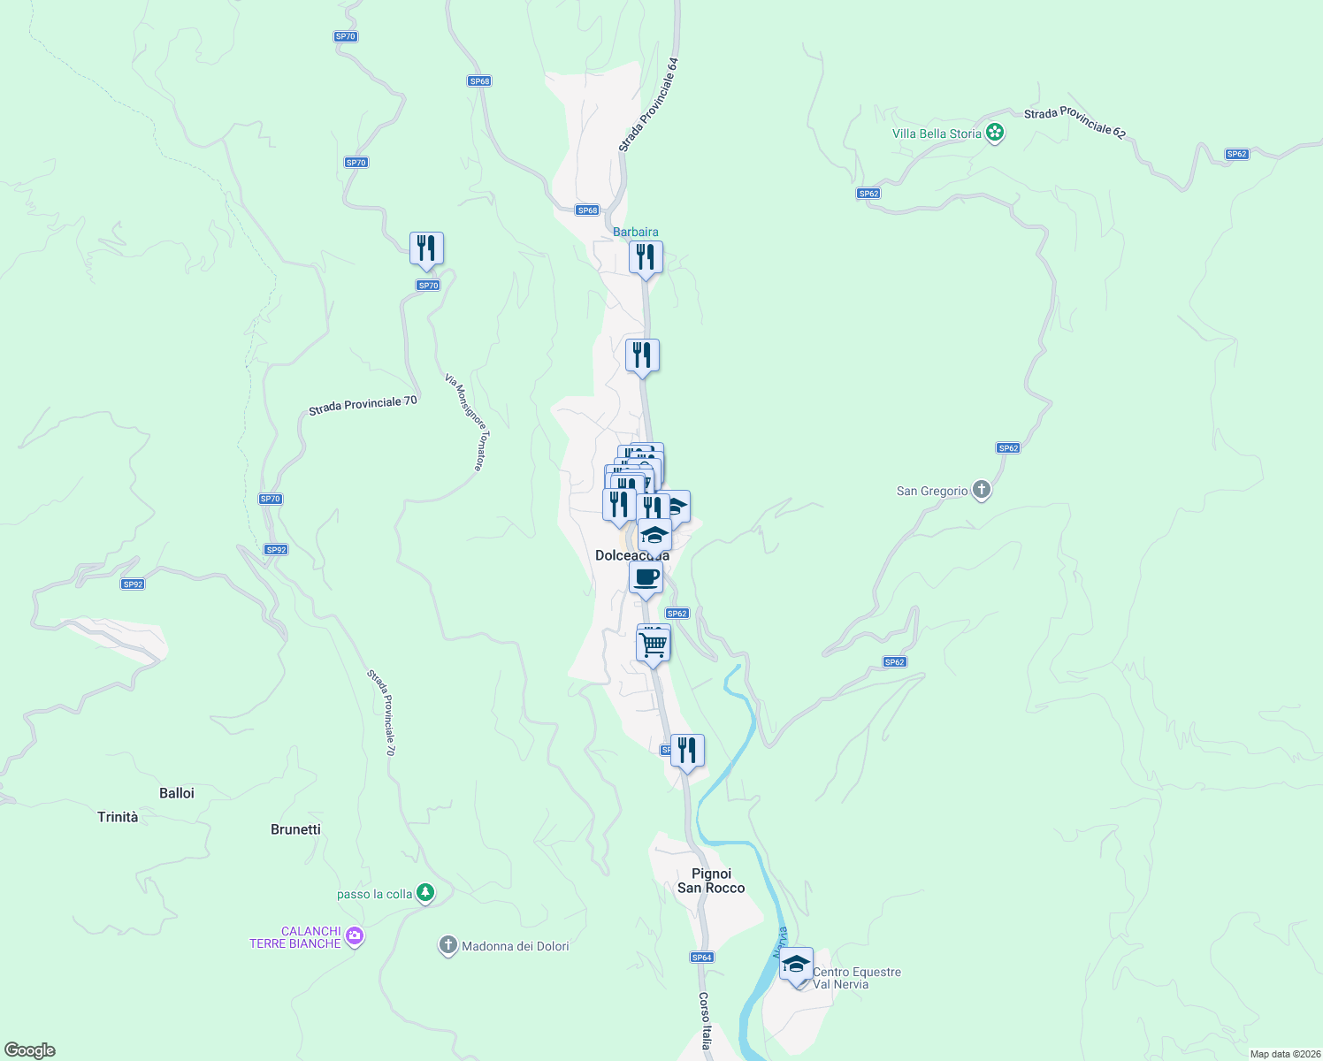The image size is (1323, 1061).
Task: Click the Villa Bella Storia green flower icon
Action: (995, 134)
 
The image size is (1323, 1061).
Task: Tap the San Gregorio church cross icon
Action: (981, 490)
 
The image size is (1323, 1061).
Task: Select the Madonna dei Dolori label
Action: (515, 946)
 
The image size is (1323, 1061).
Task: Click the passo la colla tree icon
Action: (425, 893)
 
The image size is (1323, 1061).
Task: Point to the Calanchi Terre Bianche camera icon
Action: (354, 936)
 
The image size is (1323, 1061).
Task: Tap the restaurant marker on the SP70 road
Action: (426, 249)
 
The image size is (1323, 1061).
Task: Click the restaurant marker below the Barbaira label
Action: (646, 258)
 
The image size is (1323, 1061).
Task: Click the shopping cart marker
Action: (653, 645)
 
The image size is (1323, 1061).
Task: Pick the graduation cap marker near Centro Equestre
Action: (796, 965)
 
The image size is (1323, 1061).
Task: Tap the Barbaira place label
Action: (636, 232)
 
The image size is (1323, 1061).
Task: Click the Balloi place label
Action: (177, 793)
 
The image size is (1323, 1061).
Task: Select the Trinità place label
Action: (118, 817)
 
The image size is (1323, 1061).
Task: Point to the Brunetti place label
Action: (295, 829)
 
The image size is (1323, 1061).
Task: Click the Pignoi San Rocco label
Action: (711, 881)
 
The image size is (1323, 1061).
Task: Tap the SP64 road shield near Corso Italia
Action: (701, 958)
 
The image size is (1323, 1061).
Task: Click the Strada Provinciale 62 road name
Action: (1074, 123)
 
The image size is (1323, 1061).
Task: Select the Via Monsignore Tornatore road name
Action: (465, 422)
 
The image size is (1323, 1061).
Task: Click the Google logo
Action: (30, 1050)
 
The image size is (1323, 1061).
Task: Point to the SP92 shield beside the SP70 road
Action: (276, 550)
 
